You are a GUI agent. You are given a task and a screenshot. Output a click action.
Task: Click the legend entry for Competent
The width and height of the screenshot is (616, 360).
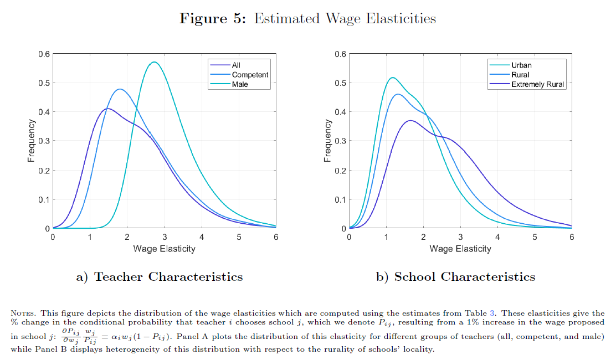point(250,75)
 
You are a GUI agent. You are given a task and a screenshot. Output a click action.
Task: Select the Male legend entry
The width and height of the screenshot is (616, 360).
point(240,84)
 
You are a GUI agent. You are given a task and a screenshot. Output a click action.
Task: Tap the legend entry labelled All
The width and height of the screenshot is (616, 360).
point(236,65)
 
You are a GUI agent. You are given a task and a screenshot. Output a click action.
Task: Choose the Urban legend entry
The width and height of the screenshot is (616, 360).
point(521,65)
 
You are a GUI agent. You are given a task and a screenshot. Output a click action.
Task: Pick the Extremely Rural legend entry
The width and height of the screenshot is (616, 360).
point(538,84)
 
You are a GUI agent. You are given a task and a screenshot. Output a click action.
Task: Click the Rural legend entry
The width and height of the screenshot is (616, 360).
point(520,75)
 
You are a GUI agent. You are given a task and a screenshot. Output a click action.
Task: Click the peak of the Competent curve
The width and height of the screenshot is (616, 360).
point(120,89)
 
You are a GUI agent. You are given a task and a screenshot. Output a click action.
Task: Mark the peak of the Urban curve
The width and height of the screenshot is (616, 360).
point(392,78)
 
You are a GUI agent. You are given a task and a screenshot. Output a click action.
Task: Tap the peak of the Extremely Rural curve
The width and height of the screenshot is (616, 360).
point(410,120)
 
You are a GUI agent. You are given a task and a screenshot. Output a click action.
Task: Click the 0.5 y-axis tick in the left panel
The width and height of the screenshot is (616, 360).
point(43,83)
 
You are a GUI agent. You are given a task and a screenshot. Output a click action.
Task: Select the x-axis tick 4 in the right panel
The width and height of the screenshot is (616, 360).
point(497,236)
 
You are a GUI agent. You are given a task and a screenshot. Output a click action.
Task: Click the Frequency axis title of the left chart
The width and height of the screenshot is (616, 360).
point(32,141)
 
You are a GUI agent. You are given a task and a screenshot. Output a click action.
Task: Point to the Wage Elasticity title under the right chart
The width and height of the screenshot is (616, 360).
point(460,249)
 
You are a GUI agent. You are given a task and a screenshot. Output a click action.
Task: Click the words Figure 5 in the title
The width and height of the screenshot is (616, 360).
point(212,18)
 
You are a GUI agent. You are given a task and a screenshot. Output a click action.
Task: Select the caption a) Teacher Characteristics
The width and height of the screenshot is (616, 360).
point(159,276)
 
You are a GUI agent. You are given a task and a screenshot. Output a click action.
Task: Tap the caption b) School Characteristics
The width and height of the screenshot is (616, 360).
point(456,276)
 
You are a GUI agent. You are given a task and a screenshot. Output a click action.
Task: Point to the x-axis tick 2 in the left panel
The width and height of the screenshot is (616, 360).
point(127,236)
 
